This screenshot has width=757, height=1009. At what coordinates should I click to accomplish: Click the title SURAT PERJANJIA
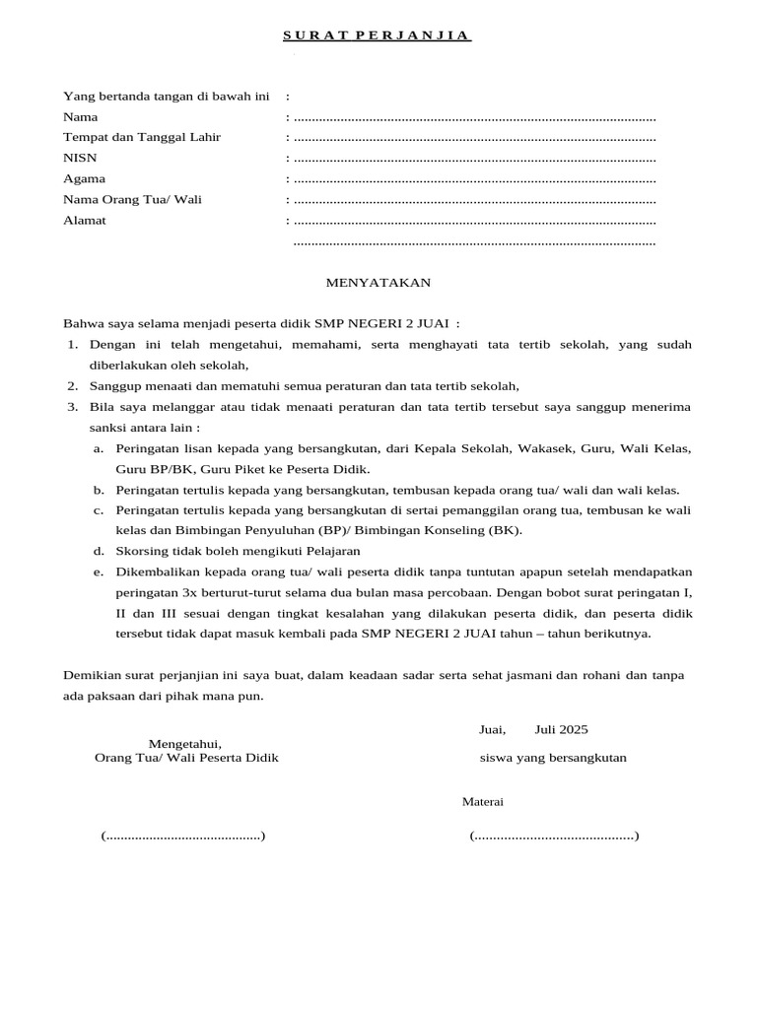378,36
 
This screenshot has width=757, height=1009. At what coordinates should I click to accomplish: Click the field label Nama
80,117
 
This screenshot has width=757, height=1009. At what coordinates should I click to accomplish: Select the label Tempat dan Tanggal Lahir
142,137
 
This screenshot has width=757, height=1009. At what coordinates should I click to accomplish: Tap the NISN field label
80,158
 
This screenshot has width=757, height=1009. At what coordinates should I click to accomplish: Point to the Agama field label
84,178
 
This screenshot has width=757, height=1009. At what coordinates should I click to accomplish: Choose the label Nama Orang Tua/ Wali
132,199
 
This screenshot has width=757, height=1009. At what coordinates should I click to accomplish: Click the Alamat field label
85,220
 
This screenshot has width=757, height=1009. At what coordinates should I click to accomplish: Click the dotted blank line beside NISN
474,159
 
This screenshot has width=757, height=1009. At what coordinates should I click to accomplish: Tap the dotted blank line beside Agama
474,179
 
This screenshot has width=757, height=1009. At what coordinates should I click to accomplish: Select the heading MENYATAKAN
378,283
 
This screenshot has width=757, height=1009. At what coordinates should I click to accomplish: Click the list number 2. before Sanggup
73,385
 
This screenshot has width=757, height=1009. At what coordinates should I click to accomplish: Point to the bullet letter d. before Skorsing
99,551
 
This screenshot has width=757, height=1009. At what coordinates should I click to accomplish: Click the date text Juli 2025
561,729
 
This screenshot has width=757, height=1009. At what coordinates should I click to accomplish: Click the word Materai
483,801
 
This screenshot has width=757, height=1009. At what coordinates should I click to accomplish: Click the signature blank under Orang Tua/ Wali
182,837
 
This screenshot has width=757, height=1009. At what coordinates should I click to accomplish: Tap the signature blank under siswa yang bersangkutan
554,837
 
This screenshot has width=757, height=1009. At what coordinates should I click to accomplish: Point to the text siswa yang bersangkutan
553,758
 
